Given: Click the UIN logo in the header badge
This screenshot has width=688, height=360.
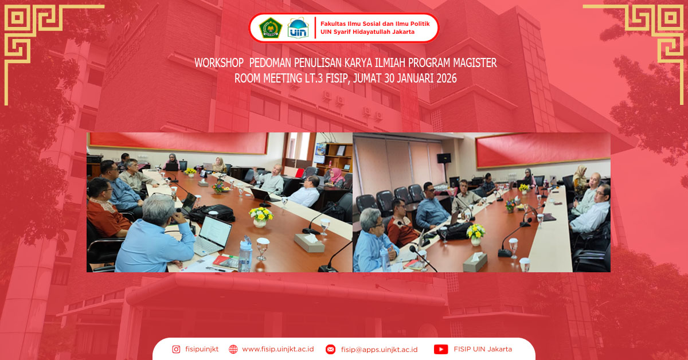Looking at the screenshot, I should pyautogui.click(x=298, y=28).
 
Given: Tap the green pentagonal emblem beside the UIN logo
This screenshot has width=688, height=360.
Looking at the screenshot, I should pyautogui.click(x=270, y=28).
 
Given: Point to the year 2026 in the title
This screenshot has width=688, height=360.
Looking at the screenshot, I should pyautogui.click(x=446, y=79).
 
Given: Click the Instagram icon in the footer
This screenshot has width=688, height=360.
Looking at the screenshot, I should pyautogui.click(x=176, y=349).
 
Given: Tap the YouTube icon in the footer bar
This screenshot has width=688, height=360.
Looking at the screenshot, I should pyautogui.click(x=441, y=349).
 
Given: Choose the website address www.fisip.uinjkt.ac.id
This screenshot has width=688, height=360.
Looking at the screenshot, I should pyautogui.click(x=277, y=349).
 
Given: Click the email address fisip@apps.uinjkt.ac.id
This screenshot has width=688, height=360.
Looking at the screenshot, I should pyautogui.click(x=379, y=349).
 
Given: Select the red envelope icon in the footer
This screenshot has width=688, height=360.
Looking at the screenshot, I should pyautogui.click(x=330, y=349).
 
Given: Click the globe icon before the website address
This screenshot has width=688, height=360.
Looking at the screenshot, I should pyautogui.click(x=233, y=349).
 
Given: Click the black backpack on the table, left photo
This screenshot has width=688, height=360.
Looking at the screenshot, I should pyautogui.click(x=213, y=213).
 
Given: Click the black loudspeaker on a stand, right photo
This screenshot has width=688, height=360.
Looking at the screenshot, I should pyautogui.click(x=443, y=158).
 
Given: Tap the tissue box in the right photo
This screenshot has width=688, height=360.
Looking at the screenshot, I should pyautogui.click(x=475, y=261).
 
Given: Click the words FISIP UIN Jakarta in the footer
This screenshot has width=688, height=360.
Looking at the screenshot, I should pyautogui.click(x=483, y=349).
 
